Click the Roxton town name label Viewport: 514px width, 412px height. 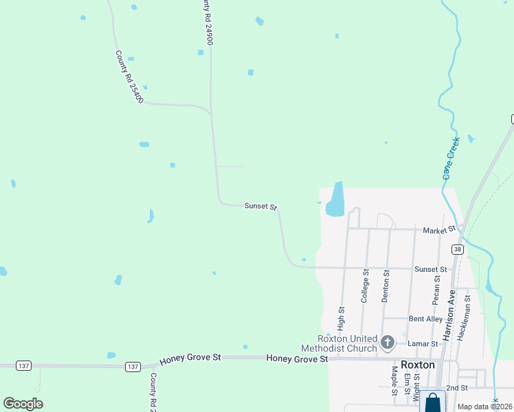pos(418,365)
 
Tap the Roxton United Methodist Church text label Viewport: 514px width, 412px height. pos(347,343)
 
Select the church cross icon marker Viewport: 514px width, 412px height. pos(387,342)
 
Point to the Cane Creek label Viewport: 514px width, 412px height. pos(451,159)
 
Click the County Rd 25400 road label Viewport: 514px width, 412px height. pos(129,77)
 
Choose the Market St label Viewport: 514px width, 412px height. pos(439,229)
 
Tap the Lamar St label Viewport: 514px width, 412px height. pos(423,343)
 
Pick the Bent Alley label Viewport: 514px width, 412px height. pos(426,319)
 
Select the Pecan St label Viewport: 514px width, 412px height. pos(436,290)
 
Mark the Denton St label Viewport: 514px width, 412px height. pos(385,286)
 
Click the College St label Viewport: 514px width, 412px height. pos(365,286)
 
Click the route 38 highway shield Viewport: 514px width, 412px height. pos(457,249)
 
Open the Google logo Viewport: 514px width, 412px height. pos(23,404)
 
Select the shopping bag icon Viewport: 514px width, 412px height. pos(432,402)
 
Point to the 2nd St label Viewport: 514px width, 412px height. pos(456,388)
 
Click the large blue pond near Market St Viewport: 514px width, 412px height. pos(335,201)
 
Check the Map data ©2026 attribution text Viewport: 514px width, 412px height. pos(485,407)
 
